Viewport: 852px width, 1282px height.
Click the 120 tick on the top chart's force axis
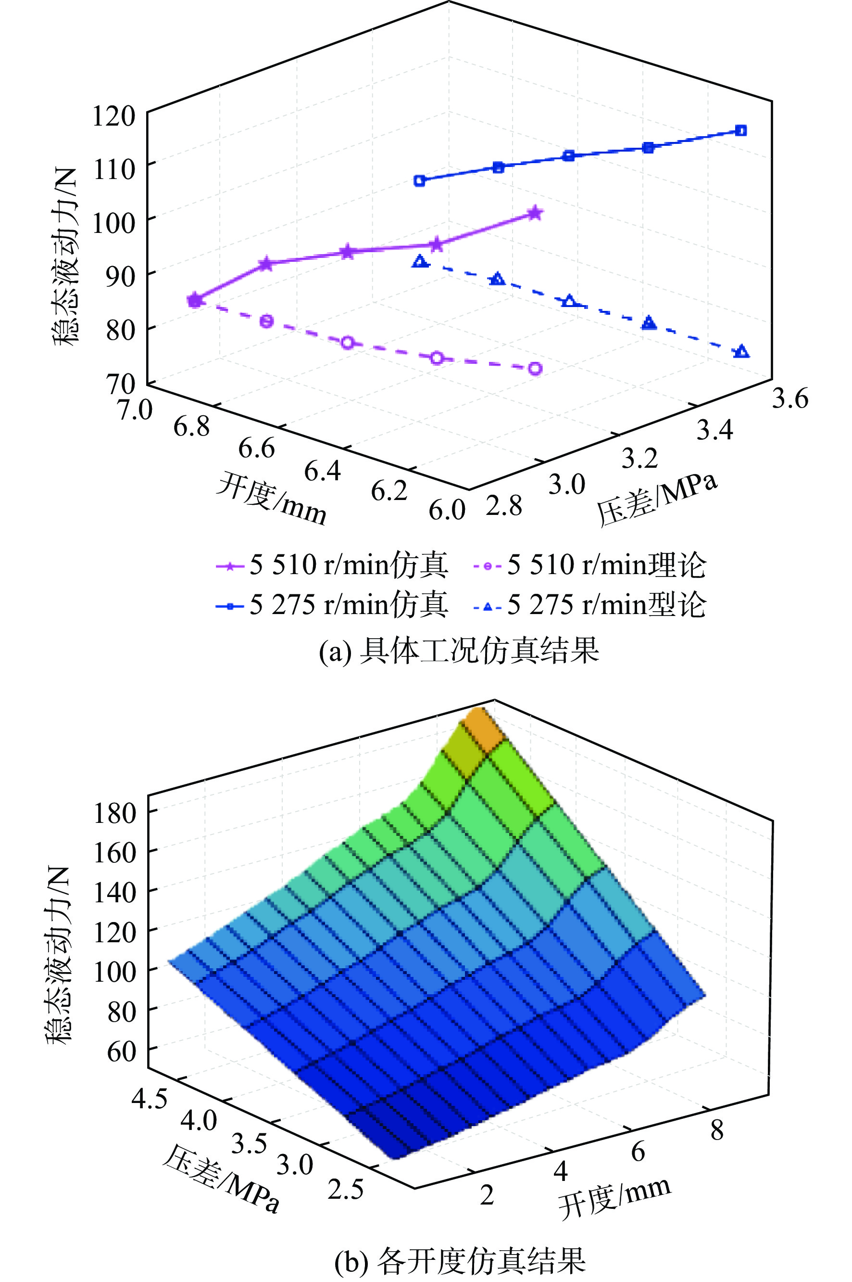(113, 116)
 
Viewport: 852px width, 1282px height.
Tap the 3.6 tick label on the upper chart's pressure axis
(790, 398)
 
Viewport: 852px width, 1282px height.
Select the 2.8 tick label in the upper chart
(504, 506)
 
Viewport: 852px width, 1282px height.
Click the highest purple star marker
(535, 213)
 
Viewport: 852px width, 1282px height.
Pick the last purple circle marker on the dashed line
(535, 369)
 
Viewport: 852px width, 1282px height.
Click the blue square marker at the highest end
(740, 130)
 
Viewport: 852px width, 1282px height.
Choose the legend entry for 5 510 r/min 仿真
(332, 565)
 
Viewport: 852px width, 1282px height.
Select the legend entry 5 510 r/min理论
(589, 565)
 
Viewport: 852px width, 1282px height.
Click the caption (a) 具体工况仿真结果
(459, 650)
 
